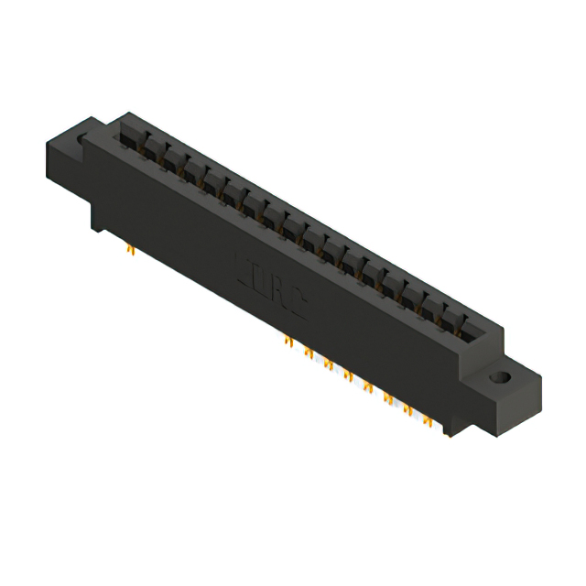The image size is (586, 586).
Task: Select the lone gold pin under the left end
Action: point(129,248)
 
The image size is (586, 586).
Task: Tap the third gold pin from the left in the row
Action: point(327,364)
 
